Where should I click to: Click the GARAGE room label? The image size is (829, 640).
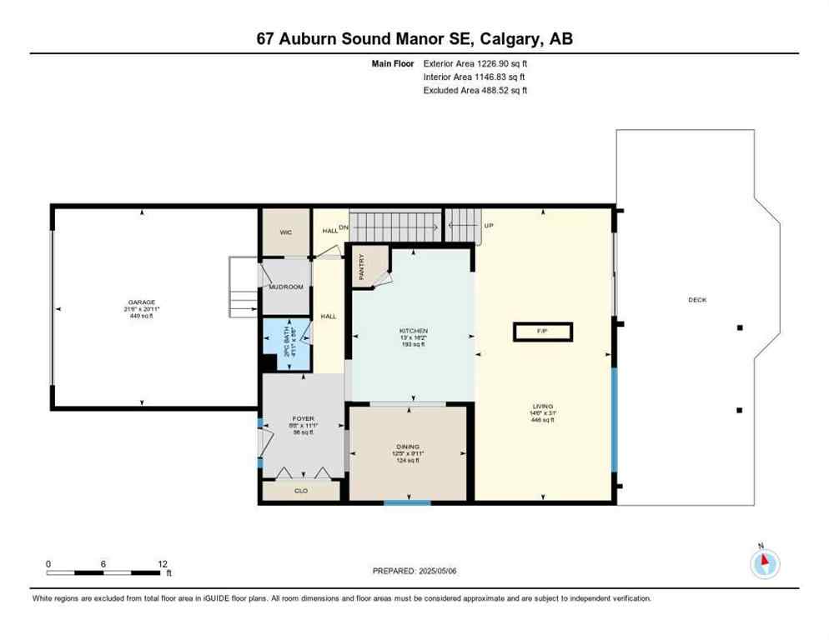point(142,302)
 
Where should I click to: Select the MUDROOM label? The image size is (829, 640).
point(285,287)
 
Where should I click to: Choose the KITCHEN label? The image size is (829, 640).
point(413,331)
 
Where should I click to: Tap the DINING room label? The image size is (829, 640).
point(408,447)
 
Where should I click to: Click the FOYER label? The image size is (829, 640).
point(302,419)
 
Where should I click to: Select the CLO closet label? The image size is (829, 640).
point(301,491)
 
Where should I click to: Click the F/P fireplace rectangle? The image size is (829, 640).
point(542,332)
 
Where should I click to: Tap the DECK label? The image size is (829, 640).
point(697,300)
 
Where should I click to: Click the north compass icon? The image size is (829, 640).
point(764,563)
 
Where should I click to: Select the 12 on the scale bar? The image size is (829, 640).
point(162,563)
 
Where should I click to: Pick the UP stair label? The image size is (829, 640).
point(489,225)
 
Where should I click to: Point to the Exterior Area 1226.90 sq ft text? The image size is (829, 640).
point(475,63)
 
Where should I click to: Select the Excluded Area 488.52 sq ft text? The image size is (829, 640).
point(475,90)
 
